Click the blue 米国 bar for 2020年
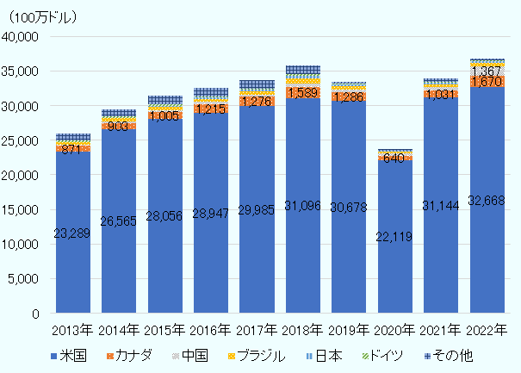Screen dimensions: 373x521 394,258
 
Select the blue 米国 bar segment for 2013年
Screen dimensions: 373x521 73,258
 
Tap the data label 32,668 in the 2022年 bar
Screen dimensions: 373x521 487,201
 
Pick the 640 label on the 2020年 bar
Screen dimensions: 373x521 394,158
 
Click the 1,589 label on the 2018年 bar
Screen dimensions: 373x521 303,92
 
